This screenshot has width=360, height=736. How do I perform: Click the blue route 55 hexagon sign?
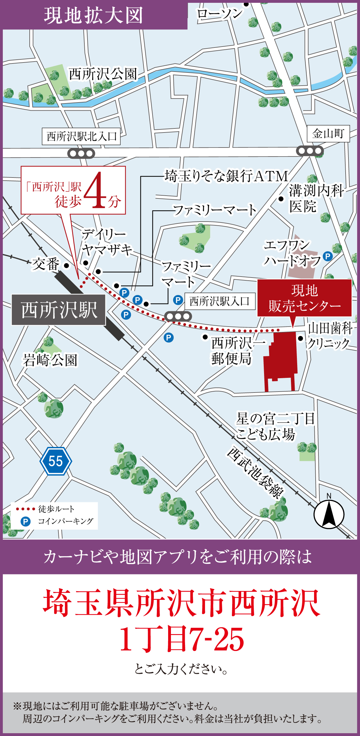pos(56,461)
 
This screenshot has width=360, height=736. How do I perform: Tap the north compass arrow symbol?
pos(329,514)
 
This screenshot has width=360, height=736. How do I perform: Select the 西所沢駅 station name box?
pos(59,310)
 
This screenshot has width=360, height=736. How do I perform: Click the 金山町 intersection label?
pos(328,134)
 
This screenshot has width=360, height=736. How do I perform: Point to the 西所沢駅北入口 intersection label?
pos(81,136)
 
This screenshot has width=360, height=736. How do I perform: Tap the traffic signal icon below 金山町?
pos(310,151)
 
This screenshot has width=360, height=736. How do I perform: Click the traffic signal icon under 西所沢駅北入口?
pos(81,154)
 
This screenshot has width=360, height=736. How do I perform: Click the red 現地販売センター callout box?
pos(304,298)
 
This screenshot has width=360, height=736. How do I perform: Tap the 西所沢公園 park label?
pos(103,74)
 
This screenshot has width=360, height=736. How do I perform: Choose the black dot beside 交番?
pos(66,266)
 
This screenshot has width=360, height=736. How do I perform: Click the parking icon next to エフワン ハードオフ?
pos(327,256)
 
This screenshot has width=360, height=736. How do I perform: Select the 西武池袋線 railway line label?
pos(255,472)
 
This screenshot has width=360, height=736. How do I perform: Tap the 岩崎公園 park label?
pos(50,360)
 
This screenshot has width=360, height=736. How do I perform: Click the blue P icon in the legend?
pos(25,521)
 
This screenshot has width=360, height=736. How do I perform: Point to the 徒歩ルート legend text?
pos(56,509)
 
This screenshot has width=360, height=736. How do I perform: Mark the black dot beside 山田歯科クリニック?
pos(300,338)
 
